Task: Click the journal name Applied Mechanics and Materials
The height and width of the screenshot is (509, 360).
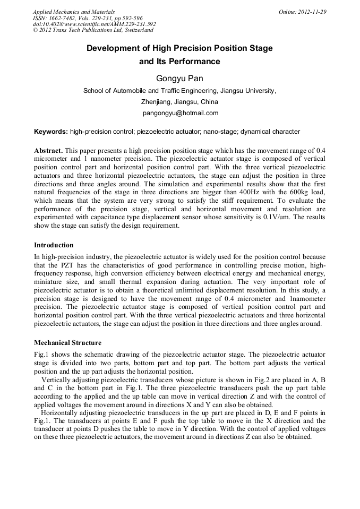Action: (74, 12)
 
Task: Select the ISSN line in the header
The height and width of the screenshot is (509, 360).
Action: (88, 18)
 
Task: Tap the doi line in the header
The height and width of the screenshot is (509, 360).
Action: (95, 24)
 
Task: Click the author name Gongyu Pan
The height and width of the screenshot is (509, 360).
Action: (179, 79)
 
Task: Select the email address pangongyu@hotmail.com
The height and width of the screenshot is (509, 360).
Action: (181, 113)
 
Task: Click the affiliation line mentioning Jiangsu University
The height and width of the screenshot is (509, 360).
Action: (179, 91)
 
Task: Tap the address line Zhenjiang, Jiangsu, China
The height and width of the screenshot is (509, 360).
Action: (179, 102)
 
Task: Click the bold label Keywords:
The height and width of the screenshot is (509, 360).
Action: (51, 132)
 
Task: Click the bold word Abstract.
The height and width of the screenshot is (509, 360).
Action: (48, 151)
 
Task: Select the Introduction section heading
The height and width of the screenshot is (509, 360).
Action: (54, 245)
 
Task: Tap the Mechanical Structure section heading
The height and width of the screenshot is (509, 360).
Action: (67, 342)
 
